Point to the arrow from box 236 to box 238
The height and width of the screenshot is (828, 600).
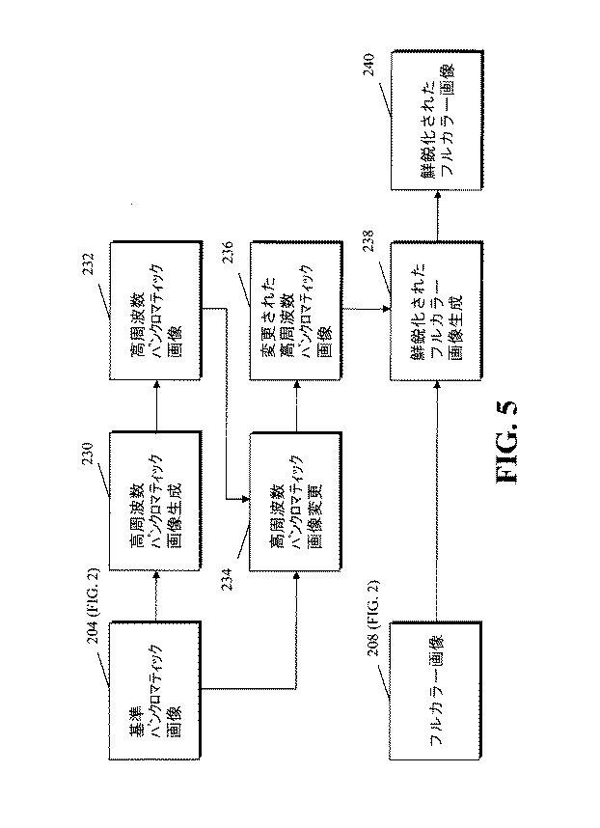(367, 308)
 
